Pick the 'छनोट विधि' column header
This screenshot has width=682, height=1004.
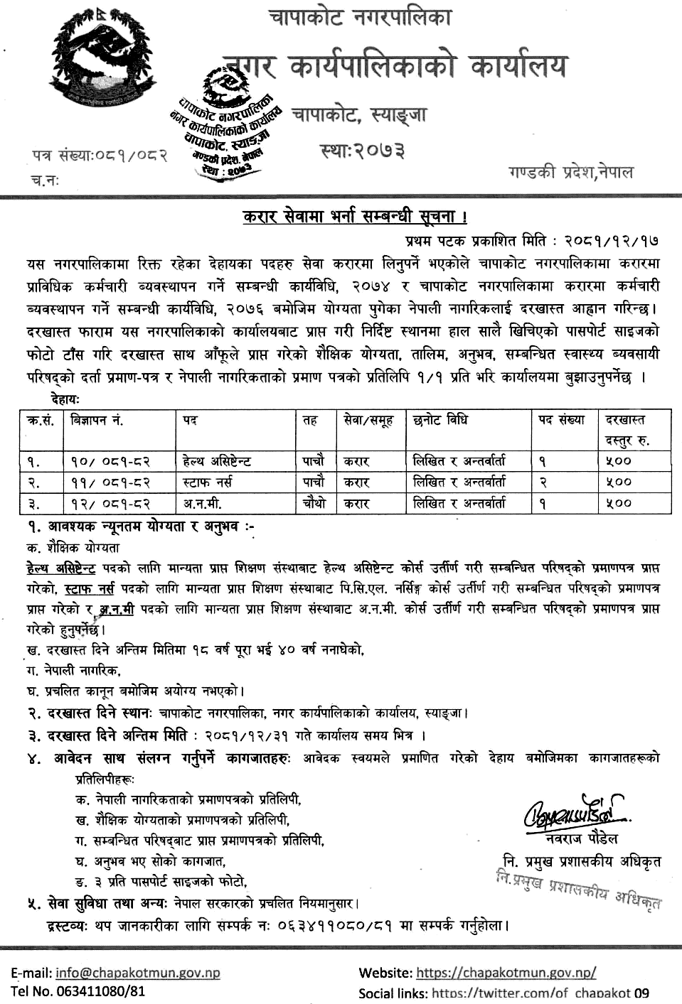440,421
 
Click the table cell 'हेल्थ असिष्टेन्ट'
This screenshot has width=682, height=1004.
217,461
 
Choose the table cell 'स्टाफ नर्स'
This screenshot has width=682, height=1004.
206,482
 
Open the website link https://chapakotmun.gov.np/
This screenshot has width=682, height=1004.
506,973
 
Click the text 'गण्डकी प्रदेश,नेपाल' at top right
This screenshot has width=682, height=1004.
570,173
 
